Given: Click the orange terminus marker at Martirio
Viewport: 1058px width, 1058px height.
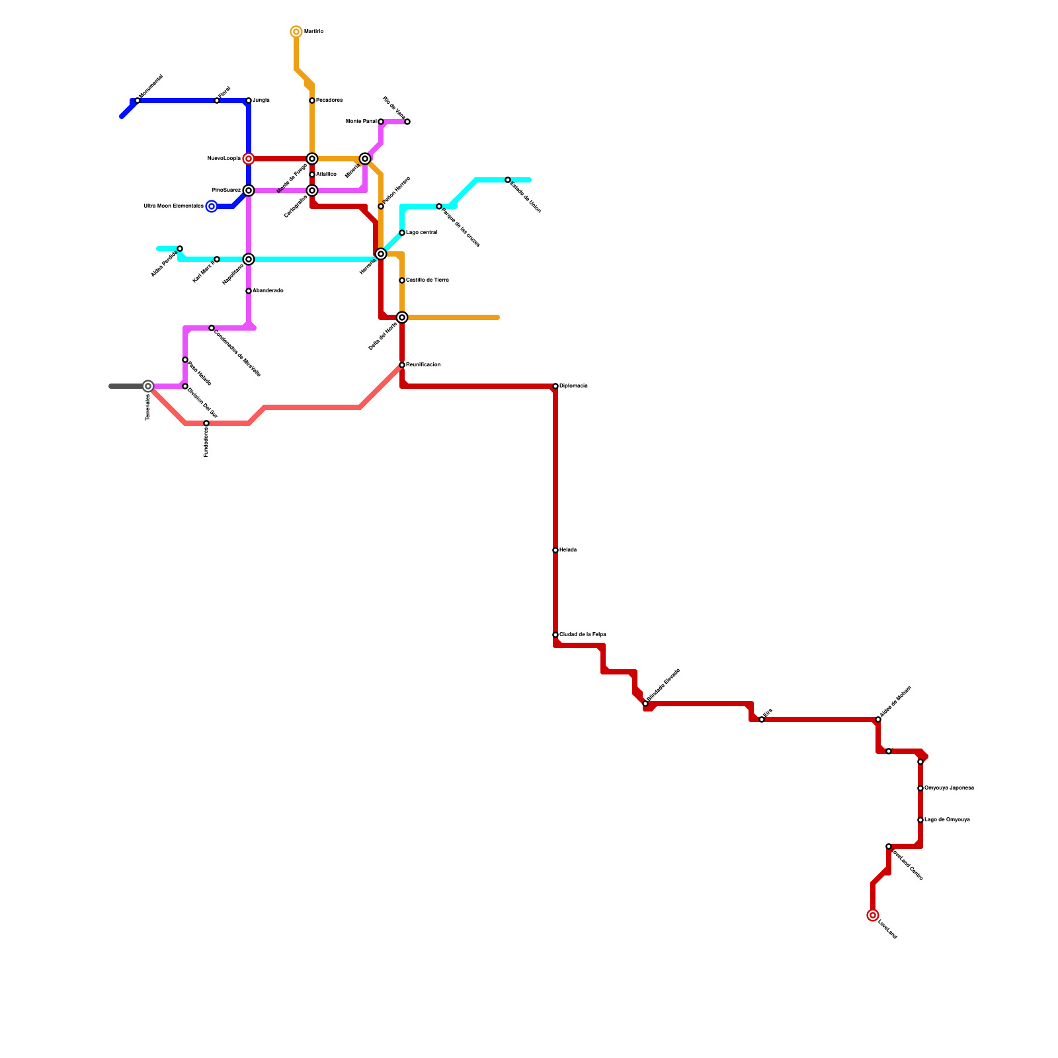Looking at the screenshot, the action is (x=296, y=32).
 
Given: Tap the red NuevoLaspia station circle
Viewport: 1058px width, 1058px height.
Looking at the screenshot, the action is (x=249, y=159).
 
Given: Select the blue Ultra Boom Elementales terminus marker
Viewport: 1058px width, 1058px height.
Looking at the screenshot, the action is (x=212, y=206).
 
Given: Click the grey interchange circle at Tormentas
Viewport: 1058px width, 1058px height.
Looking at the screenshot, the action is (x=148, y=386).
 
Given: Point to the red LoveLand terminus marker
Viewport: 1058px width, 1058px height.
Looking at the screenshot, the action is (x=873, y=915).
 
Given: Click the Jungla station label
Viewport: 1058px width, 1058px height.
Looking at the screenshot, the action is (x=261, y=101).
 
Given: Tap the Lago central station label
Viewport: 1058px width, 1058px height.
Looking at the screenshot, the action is (x=422, y=233).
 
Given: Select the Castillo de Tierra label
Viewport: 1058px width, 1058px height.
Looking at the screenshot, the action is (x=427, y=280).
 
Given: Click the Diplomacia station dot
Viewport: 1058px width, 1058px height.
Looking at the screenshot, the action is (x=555, y=386).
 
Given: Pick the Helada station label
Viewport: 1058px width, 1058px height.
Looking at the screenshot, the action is (x=568, y=550).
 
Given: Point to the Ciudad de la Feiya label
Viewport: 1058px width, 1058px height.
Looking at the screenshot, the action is (x=583, y=635).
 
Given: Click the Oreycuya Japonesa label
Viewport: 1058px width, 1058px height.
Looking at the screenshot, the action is (x=949, y=788).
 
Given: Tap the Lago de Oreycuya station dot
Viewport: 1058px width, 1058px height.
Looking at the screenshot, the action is (x=920, y=820).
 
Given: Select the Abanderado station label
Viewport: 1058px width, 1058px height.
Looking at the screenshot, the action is (x=268, y=291).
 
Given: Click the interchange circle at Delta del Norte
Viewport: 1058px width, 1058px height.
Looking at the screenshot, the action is (x=402, y=317).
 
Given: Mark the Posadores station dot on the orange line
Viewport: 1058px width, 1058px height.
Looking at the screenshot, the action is (x=312, y=101).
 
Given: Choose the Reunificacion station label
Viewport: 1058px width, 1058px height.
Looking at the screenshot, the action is (x=423, y=365).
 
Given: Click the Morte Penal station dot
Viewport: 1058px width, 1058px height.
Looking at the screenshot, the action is (x=381, y=122).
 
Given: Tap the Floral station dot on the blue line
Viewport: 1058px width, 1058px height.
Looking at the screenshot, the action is (x=217, y=101).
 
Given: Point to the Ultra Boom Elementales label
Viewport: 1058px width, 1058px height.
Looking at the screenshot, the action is (x=173, y=206).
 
